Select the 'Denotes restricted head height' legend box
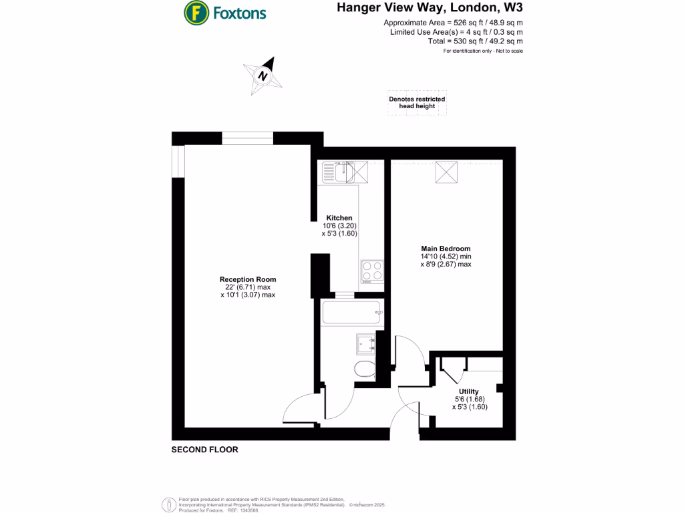417,102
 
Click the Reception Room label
248,279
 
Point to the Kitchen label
339,218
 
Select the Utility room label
468,391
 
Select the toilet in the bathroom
366,369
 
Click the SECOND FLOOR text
204,450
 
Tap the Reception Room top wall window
248,138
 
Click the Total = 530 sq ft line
475,41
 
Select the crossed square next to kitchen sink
361,172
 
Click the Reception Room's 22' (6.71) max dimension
248,287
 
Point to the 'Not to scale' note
508,51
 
